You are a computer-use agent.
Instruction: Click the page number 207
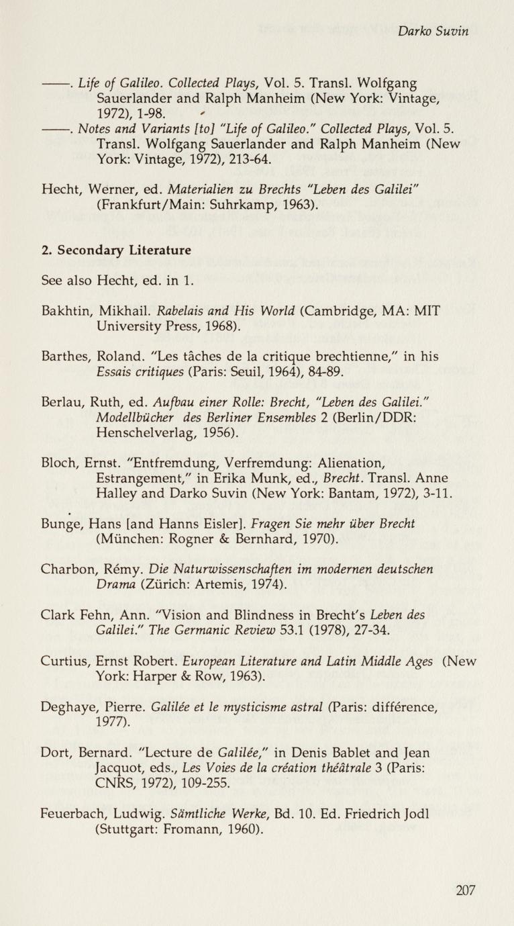pos(465,890)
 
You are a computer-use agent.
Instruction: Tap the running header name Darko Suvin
pos(432,31)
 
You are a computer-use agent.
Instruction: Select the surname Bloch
pos(58,462)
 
